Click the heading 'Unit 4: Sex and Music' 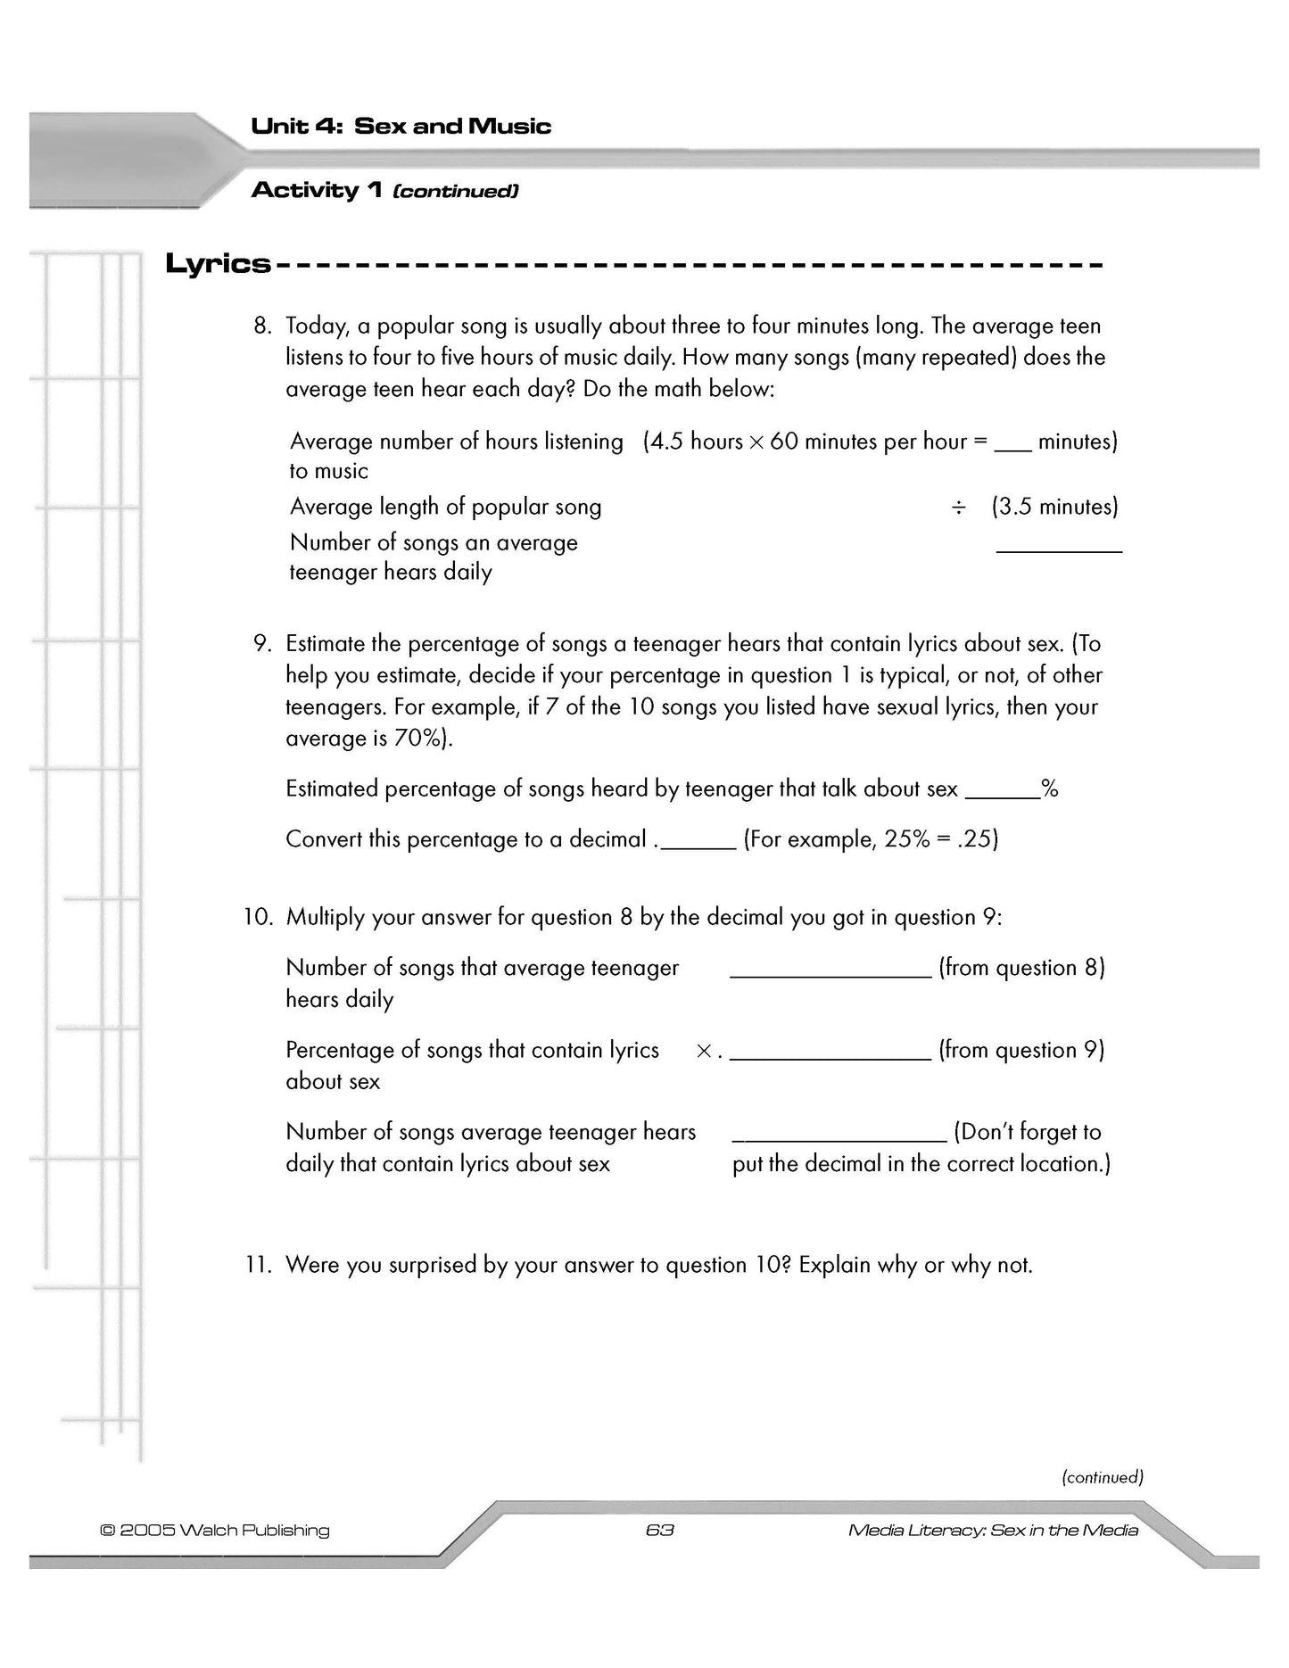(401, 126)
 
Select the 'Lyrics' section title (218, 264)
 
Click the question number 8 (261, 326)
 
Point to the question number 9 (261, 644)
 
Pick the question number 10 (258, 918)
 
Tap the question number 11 (257, 1266)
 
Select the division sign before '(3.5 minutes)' (958, 508)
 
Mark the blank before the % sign (1003, 794)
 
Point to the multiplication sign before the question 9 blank (704, 1052)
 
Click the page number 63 (659, 1531)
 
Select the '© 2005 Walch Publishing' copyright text (214, 1531)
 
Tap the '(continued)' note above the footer (1102, 1478)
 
